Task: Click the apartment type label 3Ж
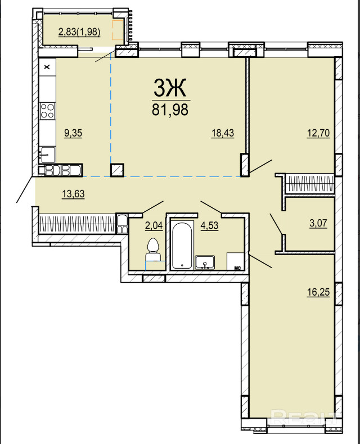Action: [170, 88]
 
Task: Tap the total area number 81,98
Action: [170, 110]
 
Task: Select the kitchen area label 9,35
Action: [73, 133]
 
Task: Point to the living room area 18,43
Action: [223, 133]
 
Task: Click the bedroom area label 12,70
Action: [318, 133]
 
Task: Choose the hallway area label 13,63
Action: [73, 194]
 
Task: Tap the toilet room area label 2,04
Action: [154, 226]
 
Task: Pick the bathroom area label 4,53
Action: [209, 226]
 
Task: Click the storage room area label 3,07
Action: [318, 224]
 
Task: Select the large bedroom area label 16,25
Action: [318, 292]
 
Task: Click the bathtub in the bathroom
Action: [182, 245]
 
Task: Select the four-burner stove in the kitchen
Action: [47, 111]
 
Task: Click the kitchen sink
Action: [47, 155]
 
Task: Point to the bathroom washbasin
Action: [205, 262]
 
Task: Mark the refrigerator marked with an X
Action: [47, 67]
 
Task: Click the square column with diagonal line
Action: [117, 170]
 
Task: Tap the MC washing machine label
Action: [237, 268]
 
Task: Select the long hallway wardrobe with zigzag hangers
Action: [78, 224]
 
